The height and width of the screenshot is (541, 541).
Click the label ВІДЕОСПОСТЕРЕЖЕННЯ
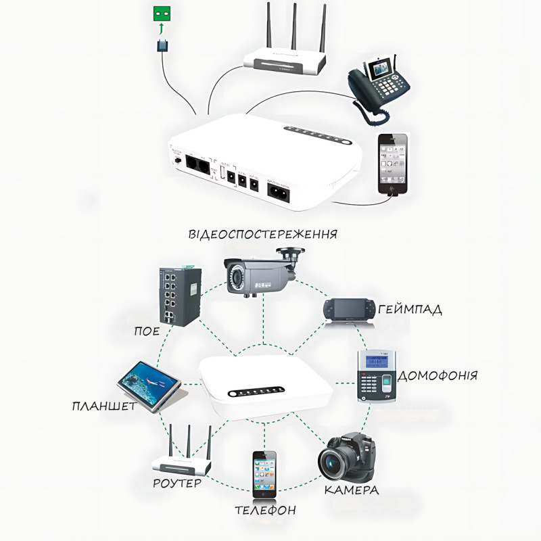pos(264,235)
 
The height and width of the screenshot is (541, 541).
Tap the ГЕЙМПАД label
pos(410,310)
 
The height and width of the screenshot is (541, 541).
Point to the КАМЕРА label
pos(351,490)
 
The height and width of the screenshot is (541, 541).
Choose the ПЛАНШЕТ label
pos(104,406)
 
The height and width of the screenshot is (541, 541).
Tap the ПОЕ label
pos(147,331)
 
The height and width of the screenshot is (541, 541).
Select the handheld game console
pos(349,310)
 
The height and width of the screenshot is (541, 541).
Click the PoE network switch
pos(180,296)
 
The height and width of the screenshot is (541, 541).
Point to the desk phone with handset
pos(379,85)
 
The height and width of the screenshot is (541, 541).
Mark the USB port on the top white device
pos(221,173)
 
